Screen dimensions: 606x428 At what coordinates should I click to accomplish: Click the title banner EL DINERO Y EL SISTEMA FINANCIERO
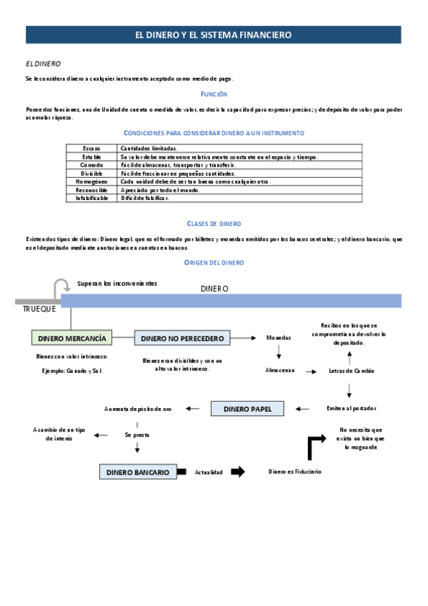coord(214,35)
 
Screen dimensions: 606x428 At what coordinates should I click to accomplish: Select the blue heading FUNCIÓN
coord(214,94)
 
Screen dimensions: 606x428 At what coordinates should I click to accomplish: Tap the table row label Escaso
coord(91,148)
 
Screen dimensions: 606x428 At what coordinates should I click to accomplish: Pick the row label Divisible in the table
coord(91,174)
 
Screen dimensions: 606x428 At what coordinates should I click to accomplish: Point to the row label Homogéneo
coord(91,182)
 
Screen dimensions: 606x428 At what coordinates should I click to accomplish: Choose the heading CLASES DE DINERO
coord(214,224)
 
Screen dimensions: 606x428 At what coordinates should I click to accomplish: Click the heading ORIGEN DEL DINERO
coord(214,263)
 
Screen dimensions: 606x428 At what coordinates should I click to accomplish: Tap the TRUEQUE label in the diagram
coord(39,309)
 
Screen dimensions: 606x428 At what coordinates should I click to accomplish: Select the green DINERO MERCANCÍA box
coord(72,337)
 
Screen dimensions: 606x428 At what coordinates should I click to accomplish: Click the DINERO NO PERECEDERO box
coord(182,338)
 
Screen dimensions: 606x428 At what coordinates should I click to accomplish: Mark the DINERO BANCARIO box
coord(138,472)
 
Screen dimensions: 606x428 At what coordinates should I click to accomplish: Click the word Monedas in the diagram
coord(279,337)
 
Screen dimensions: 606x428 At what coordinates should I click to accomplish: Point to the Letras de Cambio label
coord(351,371)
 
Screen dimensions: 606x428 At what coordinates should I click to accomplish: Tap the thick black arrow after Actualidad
coord(238,472)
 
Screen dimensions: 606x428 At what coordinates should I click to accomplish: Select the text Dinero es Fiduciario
coord(295,472)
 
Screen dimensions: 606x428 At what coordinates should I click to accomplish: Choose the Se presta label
coord(136,434)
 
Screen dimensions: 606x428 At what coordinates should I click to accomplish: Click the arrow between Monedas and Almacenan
coord(279,352)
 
